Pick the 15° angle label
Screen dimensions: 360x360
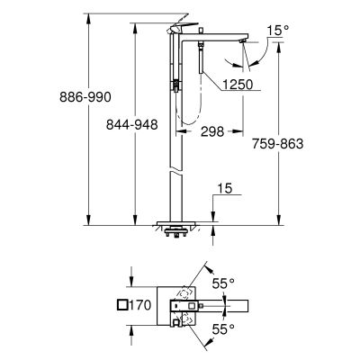pyautogui.click(x=279, y=31)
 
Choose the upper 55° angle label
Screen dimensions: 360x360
pyautogui.click(x=224, y=282)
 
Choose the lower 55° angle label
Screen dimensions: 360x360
pyautogui.click(x=224, y=330)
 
